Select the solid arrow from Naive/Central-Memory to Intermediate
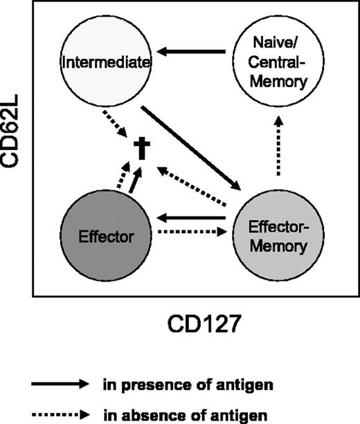[195, 51]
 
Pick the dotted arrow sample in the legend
[58, 414]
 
